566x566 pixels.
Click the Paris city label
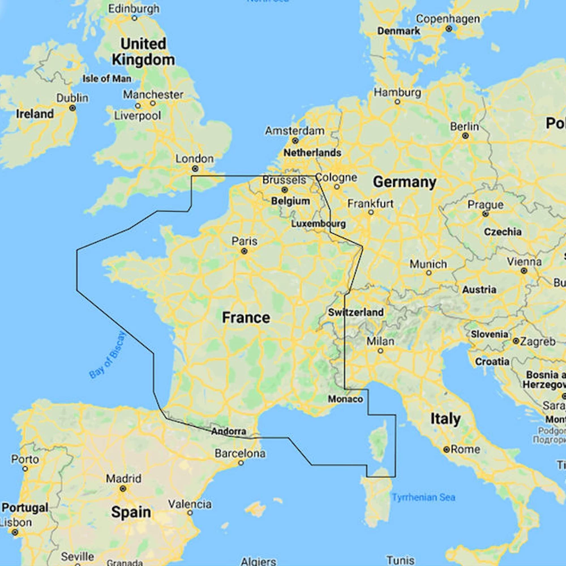pos(245,242)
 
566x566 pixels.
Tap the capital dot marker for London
pos(195,169)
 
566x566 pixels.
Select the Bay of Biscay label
pos(108,355)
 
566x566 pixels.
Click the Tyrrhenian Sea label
pos(423,498)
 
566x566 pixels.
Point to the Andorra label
pos(229,431)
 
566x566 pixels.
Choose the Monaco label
pos(345,399)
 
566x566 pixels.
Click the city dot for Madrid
pos(123,488)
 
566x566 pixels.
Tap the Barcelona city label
pos(240,453)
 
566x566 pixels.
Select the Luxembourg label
pos(318,224)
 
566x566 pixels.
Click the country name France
pos(246,318)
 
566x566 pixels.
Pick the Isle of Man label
pos(107,79)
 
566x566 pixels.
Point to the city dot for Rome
pos(447,449)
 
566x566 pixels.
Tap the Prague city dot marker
pos(485,214)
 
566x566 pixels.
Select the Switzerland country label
pos(355,312)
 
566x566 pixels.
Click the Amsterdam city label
pos(294,131)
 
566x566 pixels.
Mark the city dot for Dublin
pos(72,108)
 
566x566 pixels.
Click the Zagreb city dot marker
pos(516,341)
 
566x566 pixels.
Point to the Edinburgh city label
pos(134,8)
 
